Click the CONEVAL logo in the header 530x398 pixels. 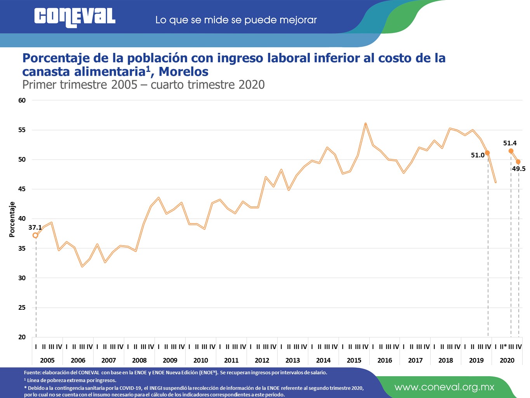coord(75,17)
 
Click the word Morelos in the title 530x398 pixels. coord(184,72)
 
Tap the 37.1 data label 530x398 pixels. coord(35,227)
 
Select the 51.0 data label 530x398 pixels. coord(478,155)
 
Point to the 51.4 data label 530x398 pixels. coord(510,143)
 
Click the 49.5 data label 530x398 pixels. coord(519,169)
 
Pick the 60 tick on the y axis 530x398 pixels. coord(22,100)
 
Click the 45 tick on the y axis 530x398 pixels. coord(22,189)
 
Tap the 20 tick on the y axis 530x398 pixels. coord(22,337)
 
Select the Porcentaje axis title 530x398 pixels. coord(12,220)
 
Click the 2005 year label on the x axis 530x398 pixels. coord(47,360)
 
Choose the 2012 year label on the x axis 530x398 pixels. coord(262,360)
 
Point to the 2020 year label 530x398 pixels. coord(507,360)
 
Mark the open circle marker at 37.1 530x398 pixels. coord(36,235)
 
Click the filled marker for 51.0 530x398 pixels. coord(487,153)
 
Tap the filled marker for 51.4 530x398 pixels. coord(511,151)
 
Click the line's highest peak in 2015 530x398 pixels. coord(365,124)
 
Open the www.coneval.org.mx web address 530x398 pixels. coord(444,387)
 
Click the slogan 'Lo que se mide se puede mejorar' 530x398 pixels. coord(236,20)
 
